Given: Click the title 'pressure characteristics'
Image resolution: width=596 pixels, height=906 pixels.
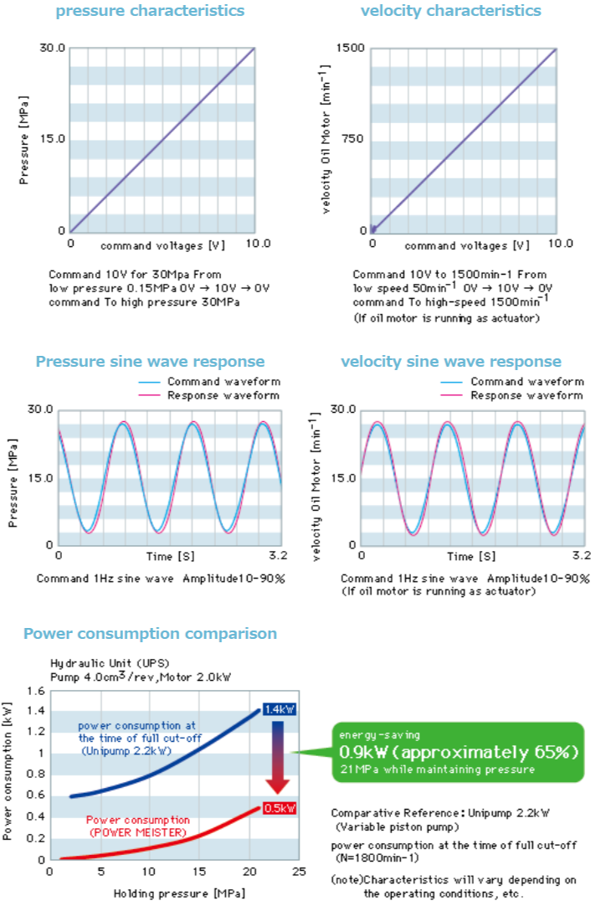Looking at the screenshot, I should pyautogui.click(x=150, y=11).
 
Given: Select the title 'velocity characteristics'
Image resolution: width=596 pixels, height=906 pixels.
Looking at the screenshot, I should pyautogui.click(x=450, y=11).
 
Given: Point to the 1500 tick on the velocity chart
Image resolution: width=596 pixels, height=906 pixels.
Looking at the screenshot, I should pyautogui.click(x=351, y=49).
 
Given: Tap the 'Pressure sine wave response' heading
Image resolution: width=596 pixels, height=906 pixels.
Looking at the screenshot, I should pyautogui.click(x=150, y=362).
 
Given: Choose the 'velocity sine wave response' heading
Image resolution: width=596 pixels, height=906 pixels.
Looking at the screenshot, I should pyautogui.click(x=451, y=362).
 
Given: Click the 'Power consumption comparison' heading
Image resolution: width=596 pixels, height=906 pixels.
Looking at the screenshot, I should pyautogui.click(x=150, y=633).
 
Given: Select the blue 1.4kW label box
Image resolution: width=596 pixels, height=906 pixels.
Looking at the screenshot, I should pyautogui.click(x=279, y=709).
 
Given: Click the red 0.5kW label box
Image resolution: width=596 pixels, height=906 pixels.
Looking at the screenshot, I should pyautogui.click(x=280, y=808).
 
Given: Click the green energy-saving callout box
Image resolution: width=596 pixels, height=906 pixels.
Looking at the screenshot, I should pyautogui.click(x=456, y=751).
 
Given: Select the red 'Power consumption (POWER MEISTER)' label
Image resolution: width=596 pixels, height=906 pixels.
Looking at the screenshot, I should pyautogui.click(x=138, y=826).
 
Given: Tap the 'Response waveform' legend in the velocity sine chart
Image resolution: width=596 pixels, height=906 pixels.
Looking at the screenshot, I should pyautogui.click(x=527, y=395).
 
